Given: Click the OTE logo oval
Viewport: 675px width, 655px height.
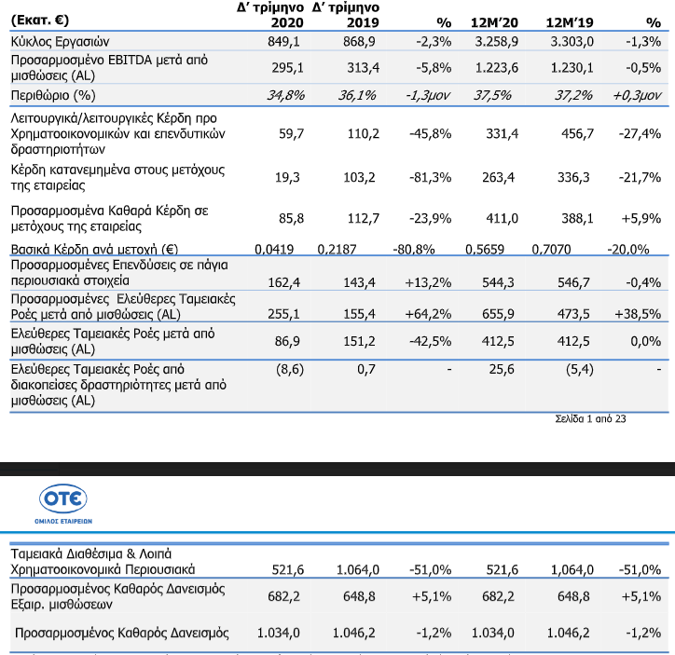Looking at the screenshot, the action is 63,498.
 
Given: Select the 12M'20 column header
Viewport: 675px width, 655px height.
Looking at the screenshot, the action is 494,22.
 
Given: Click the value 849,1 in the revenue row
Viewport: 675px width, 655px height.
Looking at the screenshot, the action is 283,42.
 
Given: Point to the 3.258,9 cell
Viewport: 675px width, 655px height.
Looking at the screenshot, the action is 496,42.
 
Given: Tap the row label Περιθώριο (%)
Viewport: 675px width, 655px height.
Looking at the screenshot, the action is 53,95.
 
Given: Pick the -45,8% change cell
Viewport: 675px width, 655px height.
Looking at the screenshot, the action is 430,134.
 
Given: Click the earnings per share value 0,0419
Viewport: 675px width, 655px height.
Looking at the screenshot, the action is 274,249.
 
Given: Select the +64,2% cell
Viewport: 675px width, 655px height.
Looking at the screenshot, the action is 428,314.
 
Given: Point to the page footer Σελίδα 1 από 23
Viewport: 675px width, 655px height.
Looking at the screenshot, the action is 590,419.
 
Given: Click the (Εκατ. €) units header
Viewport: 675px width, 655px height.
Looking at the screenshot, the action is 40,20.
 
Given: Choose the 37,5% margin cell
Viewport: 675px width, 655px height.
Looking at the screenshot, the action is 492,95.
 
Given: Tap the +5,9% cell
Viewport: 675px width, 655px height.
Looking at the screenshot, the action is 641,218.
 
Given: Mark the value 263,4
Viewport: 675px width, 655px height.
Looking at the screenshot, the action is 498,177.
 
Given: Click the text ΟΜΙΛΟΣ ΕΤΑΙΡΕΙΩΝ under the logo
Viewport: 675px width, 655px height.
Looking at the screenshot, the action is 63,521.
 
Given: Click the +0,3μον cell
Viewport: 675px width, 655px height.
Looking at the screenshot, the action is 637,95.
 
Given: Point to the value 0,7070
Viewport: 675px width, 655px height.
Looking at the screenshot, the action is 551,249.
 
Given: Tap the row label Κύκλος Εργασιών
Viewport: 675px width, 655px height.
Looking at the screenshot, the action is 61,42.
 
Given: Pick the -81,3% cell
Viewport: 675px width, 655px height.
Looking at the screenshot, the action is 430,177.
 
